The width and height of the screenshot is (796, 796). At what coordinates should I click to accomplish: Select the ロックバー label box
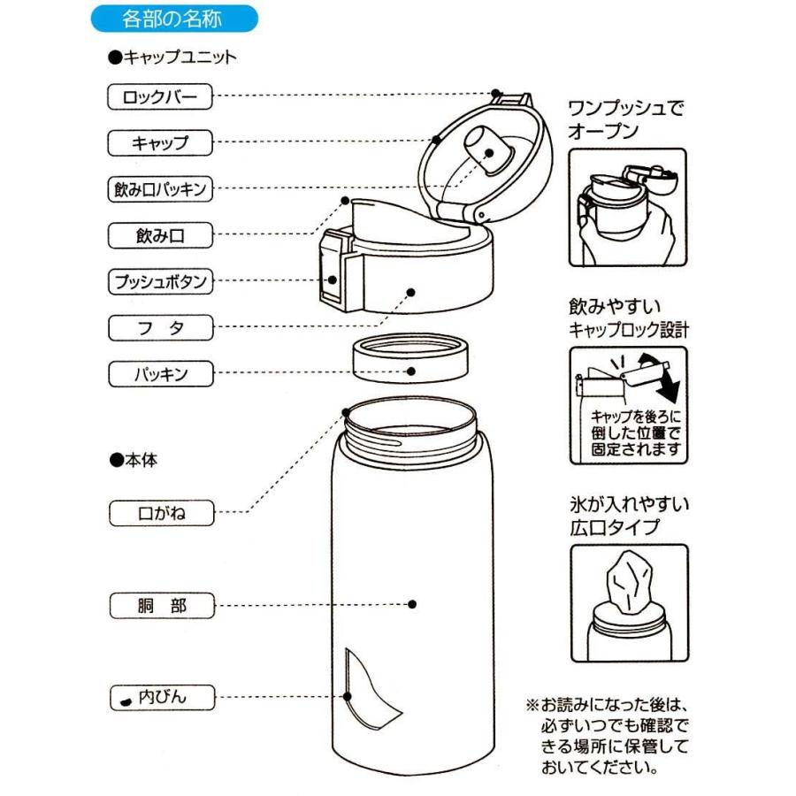(160, 96)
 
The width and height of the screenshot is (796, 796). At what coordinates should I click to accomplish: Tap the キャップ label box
(160, 142)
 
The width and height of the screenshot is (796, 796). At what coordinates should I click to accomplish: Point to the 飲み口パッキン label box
(160, 188)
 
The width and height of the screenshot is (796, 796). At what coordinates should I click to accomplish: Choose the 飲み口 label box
(160, 235)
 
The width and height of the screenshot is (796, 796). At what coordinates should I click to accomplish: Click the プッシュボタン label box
(160, 282)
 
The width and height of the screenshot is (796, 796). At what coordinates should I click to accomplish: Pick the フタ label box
(160, 328)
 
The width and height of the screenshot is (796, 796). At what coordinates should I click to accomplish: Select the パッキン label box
(160, 374)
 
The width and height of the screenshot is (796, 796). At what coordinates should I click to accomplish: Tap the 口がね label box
(160, 512)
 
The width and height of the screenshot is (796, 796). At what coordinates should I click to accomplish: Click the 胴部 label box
(160, 606)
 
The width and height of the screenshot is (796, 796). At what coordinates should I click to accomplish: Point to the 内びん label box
(160, 698)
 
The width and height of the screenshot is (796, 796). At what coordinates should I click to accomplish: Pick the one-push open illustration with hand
(628, 208)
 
